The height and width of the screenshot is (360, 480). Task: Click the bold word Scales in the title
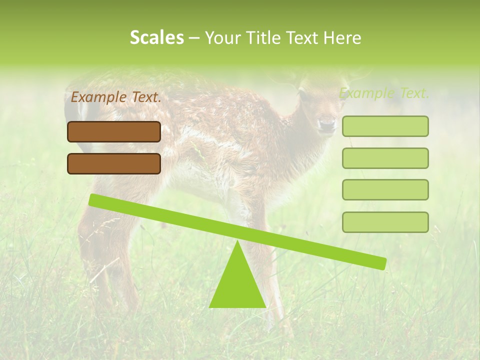156,38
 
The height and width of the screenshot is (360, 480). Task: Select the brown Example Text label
116,97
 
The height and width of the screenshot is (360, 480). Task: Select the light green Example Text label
384,93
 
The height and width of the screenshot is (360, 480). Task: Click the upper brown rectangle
114,132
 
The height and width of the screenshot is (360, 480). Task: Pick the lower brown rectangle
114,163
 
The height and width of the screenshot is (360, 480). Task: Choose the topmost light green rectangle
385,126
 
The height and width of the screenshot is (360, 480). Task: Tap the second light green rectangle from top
385,158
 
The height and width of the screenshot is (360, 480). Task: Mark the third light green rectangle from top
385,190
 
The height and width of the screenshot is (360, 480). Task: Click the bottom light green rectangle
385,222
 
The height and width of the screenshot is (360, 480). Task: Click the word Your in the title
221,38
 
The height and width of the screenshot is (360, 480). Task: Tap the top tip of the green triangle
237,242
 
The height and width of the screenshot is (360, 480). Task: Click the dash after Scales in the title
194,38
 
